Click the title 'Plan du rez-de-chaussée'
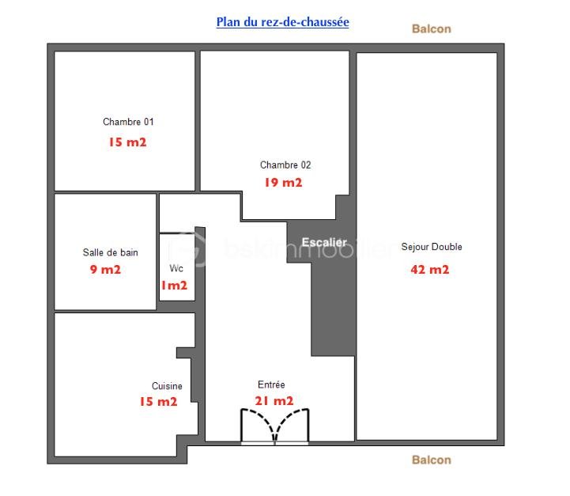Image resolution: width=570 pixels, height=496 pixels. pyautogui.click(x=282, y=22)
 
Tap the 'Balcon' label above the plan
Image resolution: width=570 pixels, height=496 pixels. pyautogui.click(x=432, y=29)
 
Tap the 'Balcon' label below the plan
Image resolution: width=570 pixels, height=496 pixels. pyautogui.click(x=432, y=460)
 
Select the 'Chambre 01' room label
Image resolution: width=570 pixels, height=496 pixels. pyautogui.click(x=128, y=122)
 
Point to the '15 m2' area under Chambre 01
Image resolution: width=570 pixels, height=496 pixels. pyautogui.click(x=127, y=142)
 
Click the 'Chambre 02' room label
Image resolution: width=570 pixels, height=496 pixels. pyautogui.click(x=285, y=165)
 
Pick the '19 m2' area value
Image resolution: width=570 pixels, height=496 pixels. pyautogui.click(x=283, y=183)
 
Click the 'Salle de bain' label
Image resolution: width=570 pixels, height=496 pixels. pyautogui.click(x=110, y=252)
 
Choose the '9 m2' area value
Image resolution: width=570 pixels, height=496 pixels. pyautogui.click(x=105, y=270)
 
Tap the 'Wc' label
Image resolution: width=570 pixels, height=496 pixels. pyautogui.click(x=176, y=268)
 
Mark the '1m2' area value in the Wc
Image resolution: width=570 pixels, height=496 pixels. pyautogui.click(x=174, y=286)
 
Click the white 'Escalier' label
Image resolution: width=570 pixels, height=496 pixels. pyautogui.click(x=324, y=242)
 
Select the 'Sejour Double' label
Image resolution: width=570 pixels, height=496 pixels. pyautogui.click(x=432, y=247)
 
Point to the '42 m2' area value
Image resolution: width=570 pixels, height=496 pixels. pyautogui.click(x=430, y=270)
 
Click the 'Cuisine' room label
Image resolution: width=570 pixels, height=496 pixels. pyautogui.click(x=167, y=386)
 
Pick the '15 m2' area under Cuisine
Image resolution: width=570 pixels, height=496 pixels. pyautogui.click(x=158, y=401)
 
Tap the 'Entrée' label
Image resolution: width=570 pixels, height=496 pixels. pyautogui.click(x=271, y=384)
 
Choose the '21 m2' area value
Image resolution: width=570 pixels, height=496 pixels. pyautogui.click(x=274, y=401)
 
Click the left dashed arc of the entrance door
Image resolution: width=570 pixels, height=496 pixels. pyautogui.click(x=264, y=418)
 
